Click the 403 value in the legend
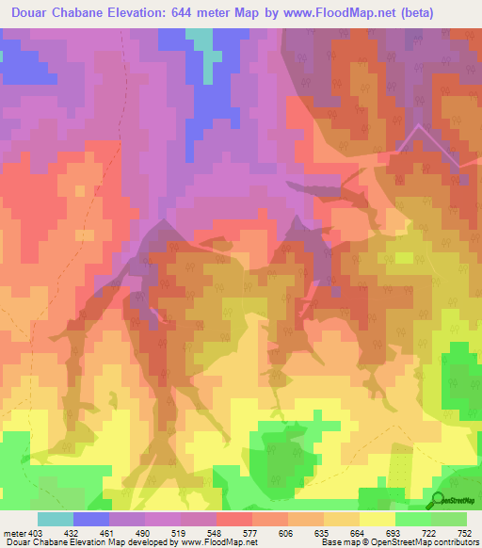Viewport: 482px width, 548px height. tap(37, 532)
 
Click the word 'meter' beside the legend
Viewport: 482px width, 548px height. tap(15, 532)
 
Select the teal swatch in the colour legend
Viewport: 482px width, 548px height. tap(56, 519)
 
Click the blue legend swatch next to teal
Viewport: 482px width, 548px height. tap(91, 519)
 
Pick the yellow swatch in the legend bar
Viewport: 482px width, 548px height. tap(378, 519)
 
